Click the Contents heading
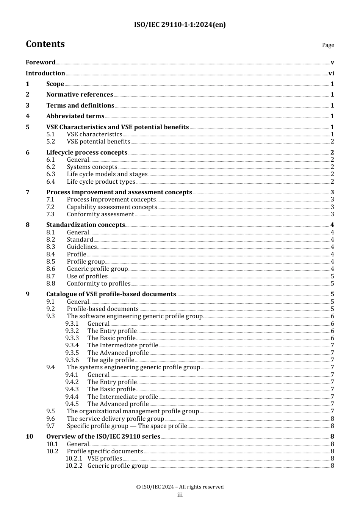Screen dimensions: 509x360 (45, 44)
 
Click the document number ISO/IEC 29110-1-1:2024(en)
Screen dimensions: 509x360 (180, 25)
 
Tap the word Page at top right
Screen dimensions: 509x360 (328, 45)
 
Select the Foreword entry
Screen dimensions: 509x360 (41, 62)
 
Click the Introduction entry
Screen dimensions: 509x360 (45, 73)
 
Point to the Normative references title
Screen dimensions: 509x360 (80, 95)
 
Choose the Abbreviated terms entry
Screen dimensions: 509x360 (75, 116)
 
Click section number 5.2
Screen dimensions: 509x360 (51, 142)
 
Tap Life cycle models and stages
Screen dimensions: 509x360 (107, 174)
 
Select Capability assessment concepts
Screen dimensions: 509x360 (112, 207)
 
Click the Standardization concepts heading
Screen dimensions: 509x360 (85, 225)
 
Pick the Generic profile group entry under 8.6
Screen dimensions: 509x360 (97, 269)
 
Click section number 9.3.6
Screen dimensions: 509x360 (72, 360)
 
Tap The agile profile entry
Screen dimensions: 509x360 (111, 360)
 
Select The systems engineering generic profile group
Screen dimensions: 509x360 (133, 367)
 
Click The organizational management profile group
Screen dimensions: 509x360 (133, 411)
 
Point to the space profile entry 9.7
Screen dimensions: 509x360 (127, 426)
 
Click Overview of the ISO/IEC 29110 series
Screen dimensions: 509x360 (103, 437)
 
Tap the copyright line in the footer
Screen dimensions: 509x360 (180, 487)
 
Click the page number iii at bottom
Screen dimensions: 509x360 (180, 495)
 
